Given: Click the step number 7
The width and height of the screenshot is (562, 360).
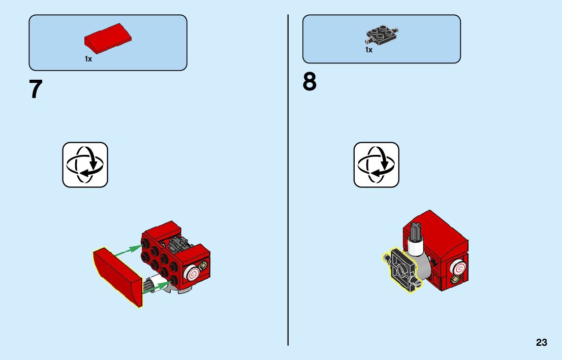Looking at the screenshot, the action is pos(36,89).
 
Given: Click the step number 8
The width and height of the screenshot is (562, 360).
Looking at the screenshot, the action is pos(309,82).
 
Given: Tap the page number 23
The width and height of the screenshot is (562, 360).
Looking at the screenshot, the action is pos(541,343).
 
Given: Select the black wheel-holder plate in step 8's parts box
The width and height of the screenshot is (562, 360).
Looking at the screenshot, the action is pos(382,35).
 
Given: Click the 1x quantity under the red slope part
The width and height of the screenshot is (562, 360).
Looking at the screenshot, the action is pos(88,59).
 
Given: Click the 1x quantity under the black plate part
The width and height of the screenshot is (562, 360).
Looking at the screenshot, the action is pos(369,50).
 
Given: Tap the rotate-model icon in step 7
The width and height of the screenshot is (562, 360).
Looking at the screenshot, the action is pos(85,165).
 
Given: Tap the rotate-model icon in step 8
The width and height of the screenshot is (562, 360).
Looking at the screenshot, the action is pos(377,165).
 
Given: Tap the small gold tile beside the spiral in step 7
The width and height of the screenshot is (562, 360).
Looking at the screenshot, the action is pos(204,266).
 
